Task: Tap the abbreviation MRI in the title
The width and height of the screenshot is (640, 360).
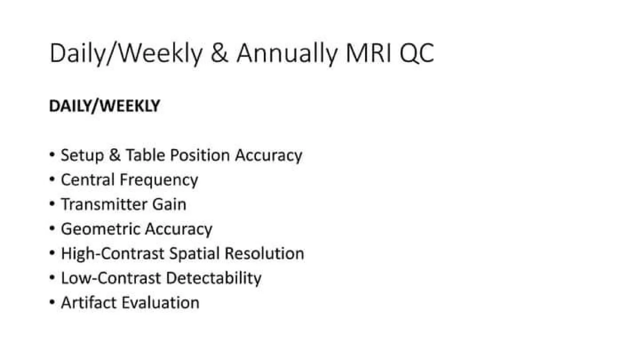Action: click(x=369, y=53)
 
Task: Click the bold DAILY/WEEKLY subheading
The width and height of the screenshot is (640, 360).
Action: click(x=105, y=106)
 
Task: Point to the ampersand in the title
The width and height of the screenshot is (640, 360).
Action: click(x=219, y=53)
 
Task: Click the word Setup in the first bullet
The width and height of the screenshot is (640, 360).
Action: click(x=82, y=155)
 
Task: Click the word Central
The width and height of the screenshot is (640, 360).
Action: click(x=88, y=180)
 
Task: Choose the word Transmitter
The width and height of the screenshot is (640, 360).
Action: click(x=104, y=204)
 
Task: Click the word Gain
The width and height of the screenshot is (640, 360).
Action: click(x=169, y=204)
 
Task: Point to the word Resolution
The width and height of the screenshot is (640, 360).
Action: click(x=264, y=253)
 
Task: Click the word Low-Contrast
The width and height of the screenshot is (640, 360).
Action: click(x=111, y=278)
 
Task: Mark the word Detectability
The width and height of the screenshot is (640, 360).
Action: click(x=214, y=278)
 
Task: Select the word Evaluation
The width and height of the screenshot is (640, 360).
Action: click(x=160, y=302)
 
